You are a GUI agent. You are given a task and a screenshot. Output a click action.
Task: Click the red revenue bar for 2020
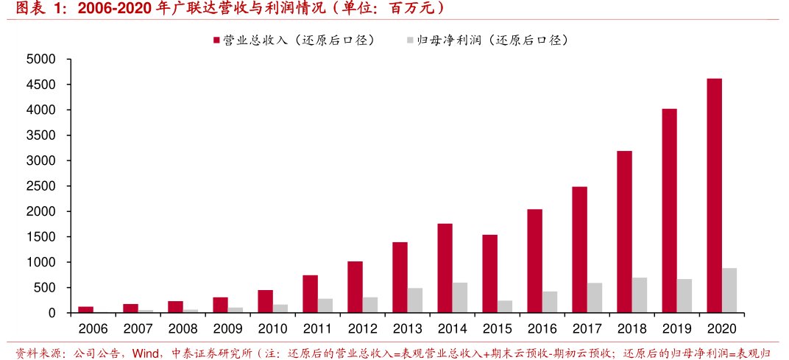(x=714, y=195)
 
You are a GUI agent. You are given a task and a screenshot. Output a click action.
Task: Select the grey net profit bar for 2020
(x=729, y=290)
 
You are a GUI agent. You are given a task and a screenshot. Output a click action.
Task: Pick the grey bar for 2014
(x=460, y=297)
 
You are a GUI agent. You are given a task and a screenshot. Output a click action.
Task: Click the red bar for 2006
(x=85, y=309)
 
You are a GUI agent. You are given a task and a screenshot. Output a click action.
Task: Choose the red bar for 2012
(x=355, y=287)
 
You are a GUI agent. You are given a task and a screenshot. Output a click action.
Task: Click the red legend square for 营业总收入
(x=216, y=40)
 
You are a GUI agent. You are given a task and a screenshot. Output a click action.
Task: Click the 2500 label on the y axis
(x=42, y=186)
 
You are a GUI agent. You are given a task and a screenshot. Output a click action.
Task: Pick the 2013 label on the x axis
(x=407, y=328)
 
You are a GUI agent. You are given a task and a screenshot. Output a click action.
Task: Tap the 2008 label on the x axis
(x=183, y=328)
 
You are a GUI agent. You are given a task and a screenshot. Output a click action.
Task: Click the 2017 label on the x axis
(x=587, y=328)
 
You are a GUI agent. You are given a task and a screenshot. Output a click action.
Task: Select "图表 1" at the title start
(x=38, y=9)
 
